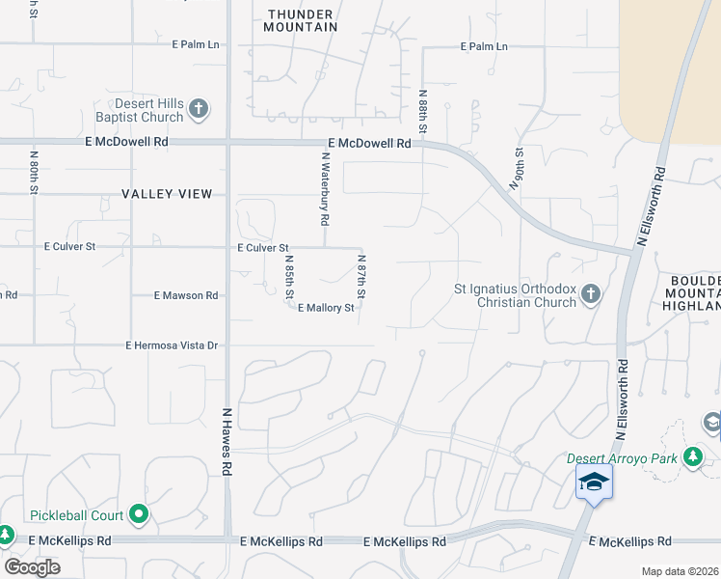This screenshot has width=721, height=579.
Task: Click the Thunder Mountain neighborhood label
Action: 302,20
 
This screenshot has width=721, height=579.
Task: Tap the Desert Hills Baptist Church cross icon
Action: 199,108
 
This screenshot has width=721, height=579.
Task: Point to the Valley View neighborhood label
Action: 167,194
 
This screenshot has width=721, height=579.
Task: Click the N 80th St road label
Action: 34,170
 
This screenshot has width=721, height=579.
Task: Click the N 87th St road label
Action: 361,276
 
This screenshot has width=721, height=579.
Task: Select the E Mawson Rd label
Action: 186,295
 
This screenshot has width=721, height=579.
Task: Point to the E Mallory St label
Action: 327,309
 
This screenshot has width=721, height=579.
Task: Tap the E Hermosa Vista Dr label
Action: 174,345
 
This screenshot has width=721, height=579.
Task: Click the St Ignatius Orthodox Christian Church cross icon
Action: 592,292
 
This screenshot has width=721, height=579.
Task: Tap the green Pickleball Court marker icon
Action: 139,514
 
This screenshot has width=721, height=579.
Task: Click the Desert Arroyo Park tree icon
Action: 692,456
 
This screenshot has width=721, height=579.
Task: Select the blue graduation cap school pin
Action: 594,482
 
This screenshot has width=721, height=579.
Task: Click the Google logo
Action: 32,567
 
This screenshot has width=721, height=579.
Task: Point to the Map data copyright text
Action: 680,571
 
